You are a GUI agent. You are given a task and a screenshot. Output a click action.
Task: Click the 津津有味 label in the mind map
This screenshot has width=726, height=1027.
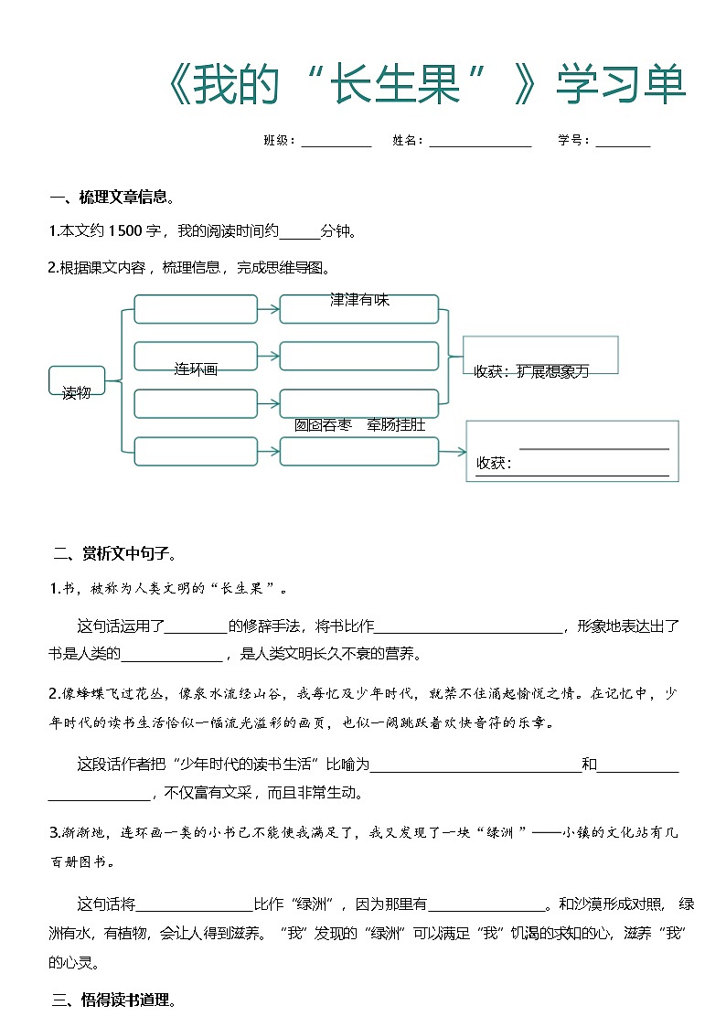click(359, 300)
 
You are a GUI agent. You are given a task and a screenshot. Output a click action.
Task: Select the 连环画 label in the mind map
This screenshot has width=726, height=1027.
click(196, 369)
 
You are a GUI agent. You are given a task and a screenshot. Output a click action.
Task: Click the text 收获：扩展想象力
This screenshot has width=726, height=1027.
click(531, 371)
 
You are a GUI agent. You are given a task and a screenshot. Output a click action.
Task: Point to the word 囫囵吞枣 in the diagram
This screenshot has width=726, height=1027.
click(323, 425)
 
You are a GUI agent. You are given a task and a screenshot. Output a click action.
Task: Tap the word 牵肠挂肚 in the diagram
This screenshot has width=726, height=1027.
click(396, 425)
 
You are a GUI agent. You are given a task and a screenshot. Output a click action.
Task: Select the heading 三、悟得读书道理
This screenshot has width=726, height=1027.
click(113, 1000)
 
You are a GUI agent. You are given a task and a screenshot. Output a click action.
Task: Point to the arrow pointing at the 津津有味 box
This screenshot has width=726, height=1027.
click(268, 309)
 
